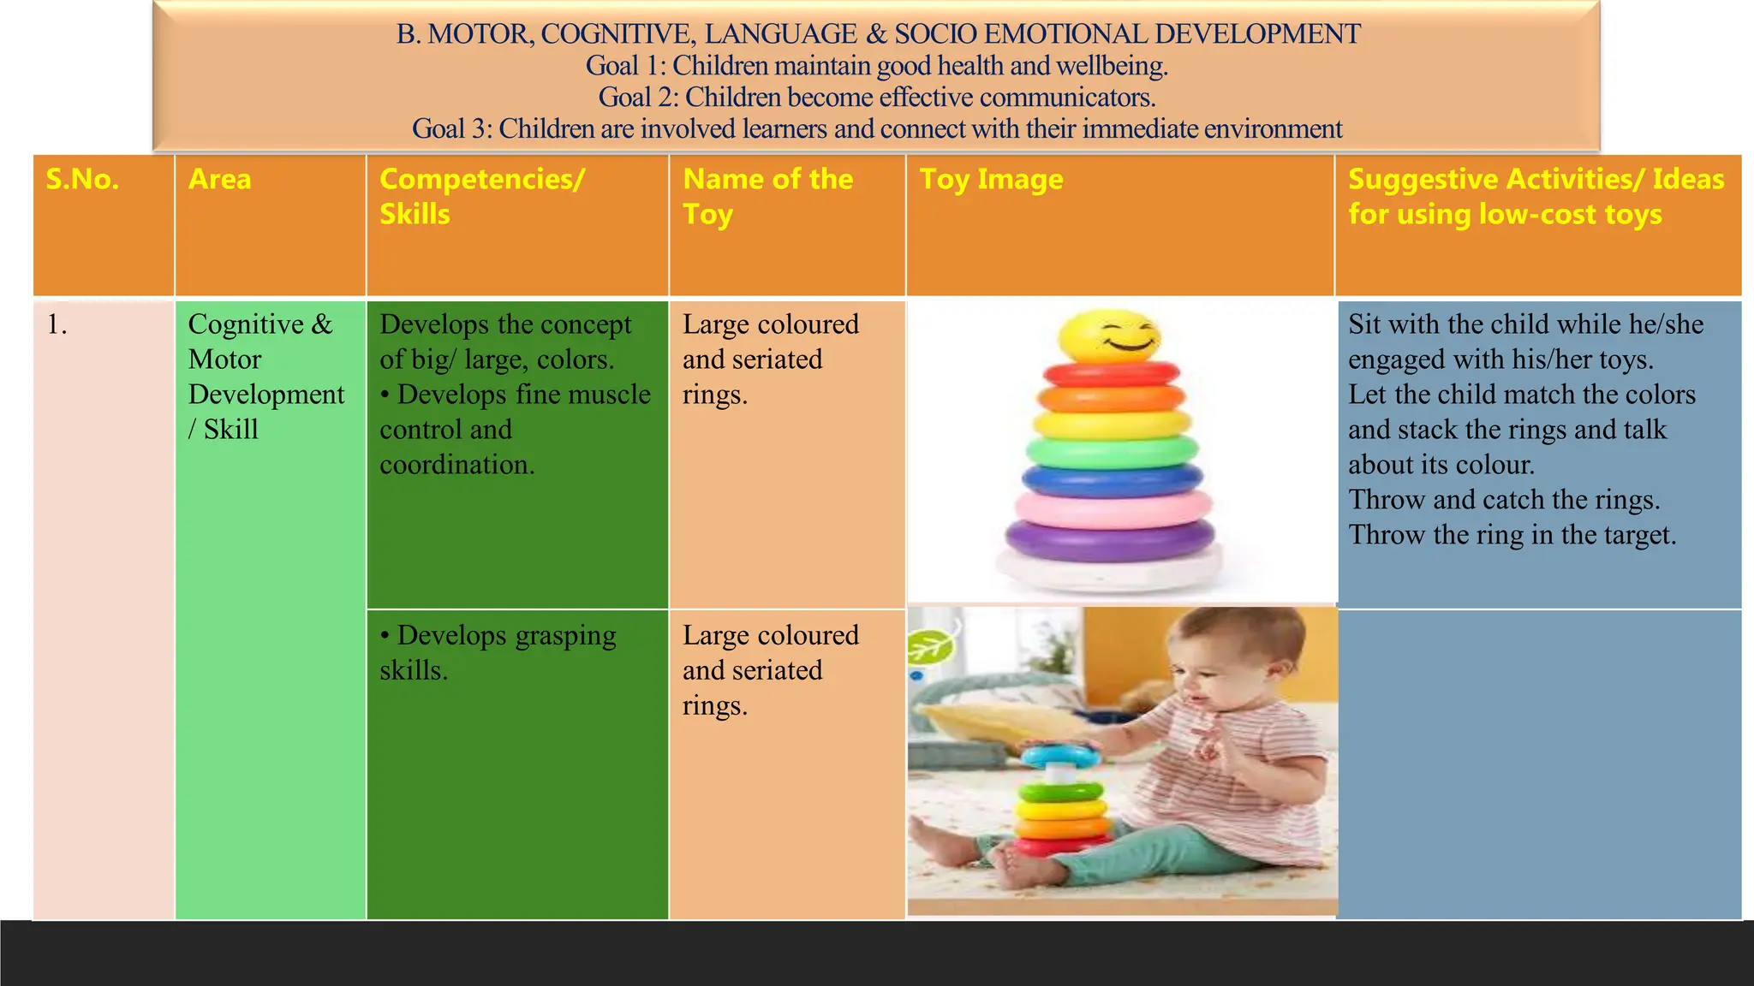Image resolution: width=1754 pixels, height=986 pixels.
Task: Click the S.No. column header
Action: pos(82,180)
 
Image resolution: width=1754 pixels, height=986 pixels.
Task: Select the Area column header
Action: pos(220,180)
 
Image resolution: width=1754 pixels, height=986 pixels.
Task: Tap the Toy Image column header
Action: pos(991,180)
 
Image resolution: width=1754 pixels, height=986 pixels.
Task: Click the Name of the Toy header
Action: pos(767,196)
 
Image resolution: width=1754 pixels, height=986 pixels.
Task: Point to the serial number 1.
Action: pos(57,325)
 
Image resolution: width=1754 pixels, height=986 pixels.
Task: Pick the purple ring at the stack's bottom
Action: pos(1110,538)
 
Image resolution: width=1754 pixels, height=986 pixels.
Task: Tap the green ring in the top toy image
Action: pos(1111,451)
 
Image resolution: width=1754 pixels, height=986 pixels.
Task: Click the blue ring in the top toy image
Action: pos(1111,480)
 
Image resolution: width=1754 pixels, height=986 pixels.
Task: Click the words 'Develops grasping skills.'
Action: pos(498,653)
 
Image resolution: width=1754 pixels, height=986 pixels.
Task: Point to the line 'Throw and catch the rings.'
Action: pos(1504,500)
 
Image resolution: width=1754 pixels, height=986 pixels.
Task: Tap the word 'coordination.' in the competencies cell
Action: pos(457,465)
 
